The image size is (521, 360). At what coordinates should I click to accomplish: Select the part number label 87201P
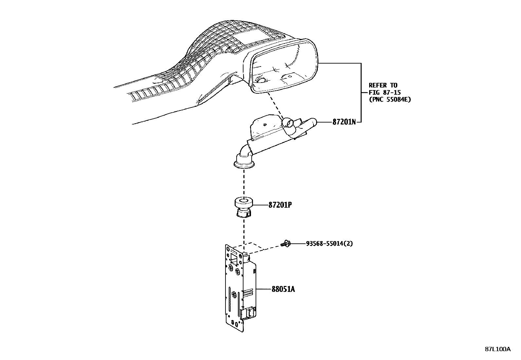click(280, 205)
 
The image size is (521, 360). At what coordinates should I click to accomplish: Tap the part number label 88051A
click(283, 289)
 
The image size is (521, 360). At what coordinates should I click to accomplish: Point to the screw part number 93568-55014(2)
click(329, 243)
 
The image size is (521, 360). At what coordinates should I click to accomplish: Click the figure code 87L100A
click(497, 349)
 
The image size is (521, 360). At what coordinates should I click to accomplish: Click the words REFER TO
click(383, 85)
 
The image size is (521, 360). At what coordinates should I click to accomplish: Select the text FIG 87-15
click(385, 93)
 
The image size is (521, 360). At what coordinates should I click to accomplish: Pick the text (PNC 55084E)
click(389, 100)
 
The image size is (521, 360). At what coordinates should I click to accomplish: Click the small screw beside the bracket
click(285, 243)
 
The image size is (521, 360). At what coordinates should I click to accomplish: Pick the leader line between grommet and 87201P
click(260, 205)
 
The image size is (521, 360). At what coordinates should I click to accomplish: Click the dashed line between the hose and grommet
click(244, 183)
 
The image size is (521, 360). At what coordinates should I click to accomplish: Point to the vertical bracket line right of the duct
click(361, 92)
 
